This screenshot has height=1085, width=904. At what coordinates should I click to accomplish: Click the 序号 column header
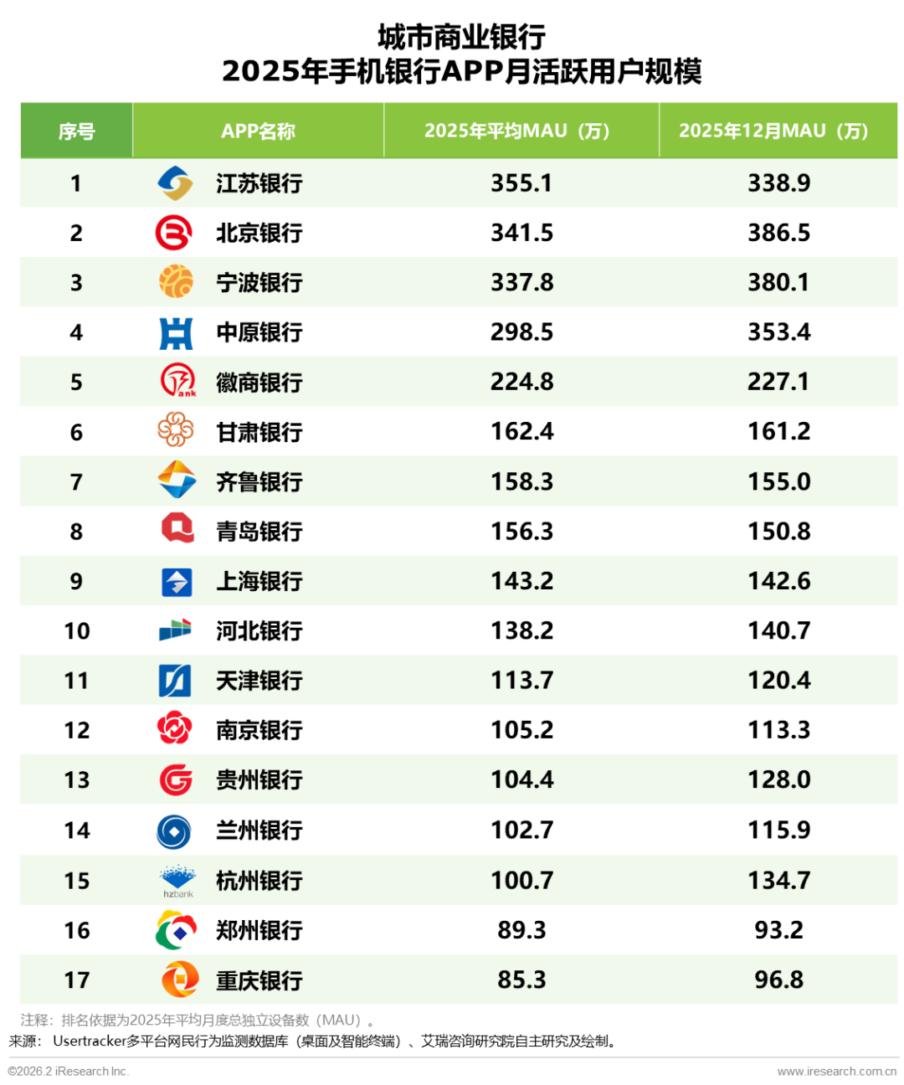76,131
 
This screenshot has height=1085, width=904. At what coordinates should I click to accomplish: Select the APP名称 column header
258,131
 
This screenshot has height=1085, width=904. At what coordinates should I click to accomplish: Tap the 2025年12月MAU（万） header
773,131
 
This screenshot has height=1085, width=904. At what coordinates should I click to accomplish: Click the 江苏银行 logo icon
175,183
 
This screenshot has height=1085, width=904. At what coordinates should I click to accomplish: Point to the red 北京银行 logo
174,232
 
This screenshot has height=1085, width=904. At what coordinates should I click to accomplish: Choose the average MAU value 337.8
522,282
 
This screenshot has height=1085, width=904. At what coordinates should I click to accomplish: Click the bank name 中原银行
259,332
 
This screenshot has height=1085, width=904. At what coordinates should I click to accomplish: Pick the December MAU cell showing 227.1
778,382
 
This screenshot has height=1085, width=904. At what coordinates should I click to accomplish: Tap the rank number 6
76,432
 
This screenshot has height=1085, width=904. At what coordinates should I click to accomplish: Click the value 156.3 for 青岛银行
522,531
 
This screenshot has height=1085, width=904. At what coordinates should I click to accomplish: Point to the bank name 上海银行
259,581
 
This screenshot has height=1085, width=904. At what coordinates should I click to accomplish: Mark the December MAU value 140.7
778,630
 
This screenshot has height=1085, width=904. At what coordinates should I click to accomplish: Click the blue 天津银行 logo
175,680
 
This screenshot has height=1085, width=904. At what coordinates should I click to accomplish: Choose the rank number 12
77,730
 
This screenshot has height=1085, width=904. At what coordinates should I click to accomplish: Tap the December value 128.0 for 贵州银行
778,779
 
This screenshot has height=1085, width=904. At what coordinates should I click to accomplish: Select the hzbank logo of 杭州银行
178,882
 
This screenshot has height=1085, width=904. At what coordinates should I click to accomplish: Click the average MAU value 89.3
521,929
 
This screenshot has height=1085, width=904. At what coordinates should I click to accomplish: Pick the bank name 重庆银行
259,980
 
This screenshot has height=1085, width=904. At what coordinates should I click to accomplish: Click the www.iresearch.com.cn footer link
837,1072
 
